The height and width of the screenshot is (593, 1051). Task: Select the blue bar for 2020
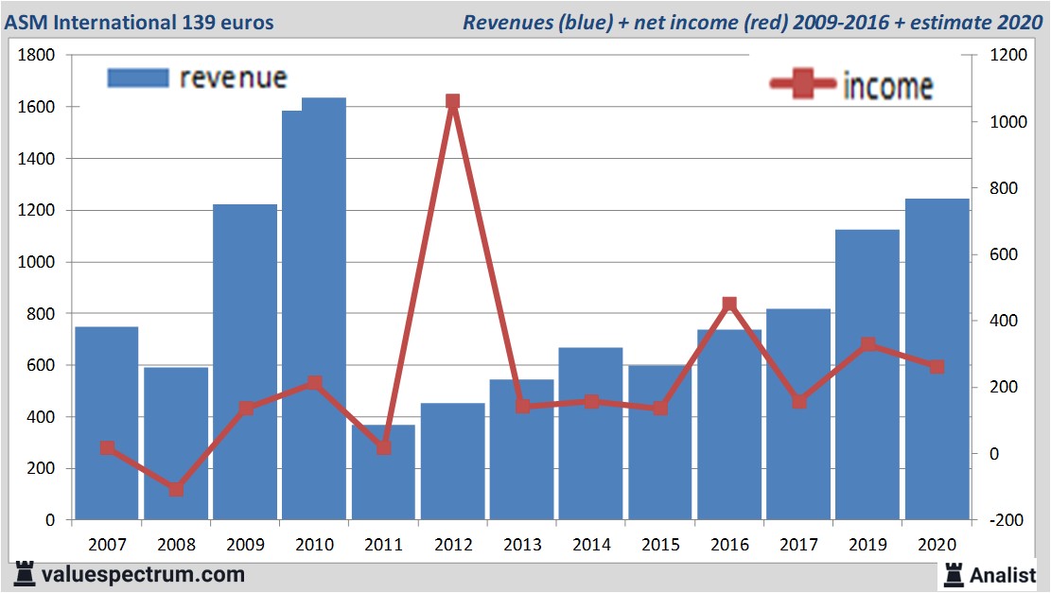937,359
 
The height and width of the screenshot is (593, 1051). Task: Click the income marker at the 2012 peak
452,101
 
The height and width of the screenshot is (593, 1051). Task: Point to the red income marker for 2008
176,489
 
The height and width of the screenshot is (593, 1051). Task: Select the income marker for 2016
729,305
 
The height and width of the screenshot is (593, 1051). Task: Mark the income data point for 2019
867,345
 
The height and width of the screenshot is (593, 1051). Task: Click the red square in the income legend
804,84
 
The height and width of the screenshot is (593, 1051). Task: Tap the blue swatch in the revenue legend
138,78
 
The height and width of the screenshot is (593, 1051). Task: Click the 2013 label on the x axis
521,546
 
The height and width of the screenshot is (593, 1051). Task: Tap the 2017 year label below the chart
798,546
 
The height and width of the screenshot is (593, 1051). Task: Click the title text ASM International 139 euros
139,22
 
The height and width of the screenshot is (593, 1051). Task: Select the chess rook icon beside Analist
954,573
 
